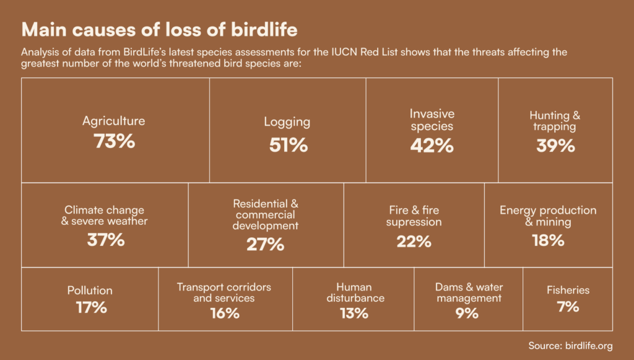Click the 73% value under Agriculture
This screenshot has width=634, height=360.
114,141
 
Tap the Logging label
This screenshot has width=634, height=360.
287,122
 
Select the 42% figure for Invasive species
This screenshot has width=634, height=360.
432,146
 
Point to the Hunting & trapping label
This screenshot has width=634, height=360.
555,121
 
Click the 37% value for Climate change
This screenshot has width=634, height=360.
105,240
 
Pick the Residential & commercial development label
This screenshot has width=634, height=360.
266,214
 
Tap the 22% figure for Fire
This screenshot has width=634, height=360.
414,242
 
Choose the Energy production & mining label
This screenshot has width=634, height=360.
548,216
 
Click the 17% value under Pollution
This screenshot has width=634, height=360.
91,307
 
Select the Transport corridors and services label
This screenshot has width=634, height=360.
224,292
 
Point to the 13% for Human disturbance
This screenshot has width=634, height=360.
354,314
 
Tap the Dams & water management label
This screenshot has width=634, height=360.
469,292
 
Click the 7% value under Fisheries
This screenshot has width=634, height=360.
568,306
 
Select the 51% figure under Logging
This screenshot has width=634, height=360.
288,145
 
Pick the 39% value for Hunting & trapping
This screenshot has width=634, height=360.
555,146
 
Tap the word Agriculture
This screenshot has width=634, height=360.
114,121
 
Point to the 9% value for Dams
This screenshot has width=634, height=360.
467,314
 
